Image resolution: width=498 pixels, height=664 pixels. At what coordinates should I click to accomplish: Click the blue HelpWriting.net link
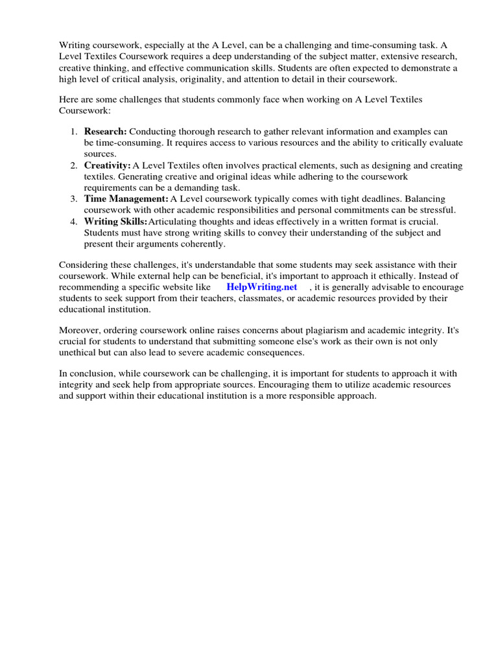(x=262, y=287)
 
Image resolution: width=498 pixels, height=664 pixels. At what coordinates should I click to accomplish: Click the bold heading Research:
(x=106, y=132)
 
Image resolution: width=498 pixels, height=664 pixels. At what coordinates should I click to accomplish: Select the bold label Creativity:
(x=107, y=165)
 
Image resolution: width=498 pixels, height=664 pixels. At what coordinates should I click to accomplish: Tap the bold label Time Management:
(x=126, y=199)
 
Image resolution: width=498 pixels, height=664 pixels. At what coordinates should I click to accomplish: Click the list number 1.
(x=73, y=132)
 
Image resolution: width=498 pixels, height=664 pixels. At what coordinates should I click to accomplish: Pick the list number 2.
(x=73, y=165)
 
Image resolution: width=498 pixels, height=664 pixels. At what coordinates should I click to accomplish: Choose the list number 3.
(x=73, y=199)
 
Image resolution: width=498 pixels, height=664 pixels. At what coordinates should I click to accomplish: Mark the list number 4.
(x=73, y=221)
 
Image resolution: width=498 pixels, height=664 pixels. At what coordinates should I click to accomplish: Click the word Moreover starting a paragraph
(x=79, y=330)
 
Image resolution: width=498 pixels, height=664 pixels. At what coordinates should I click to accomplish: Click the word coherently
(x=202, y=244)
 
